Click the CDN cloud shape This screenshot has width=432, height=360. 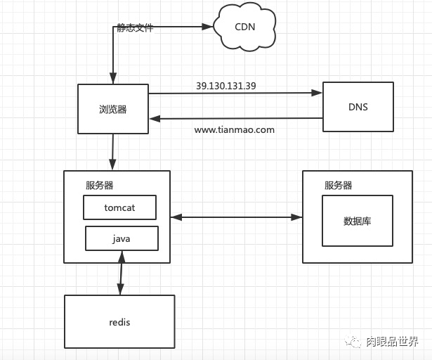pos(245,27)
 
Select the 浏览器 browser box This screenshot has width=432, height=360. pos(112,109)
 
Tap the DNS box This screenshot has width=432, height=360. pos(358,108)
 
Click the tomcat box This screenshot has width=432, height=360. pos(119,207)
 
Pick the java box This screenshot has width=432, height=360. pos(121,238)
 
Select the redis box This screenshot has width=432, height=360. pos(119,322)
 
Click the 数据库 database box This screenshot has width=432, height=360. pos(357,221)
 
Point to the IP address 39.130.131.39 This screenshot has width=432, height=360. pos(225,86)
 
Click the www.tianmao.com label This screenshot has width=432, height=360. pos(234,130)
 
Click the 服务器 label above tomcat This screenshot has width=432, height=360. pos(99,186)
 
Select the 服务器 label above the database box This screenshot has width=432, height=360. pos(338,186)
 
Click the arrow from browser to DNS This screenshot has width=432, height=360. pos(232,93)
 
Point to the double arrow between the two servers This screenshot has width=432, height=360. pos(236,217)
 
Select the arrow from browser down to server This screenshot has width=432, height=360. pos(112,151)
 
